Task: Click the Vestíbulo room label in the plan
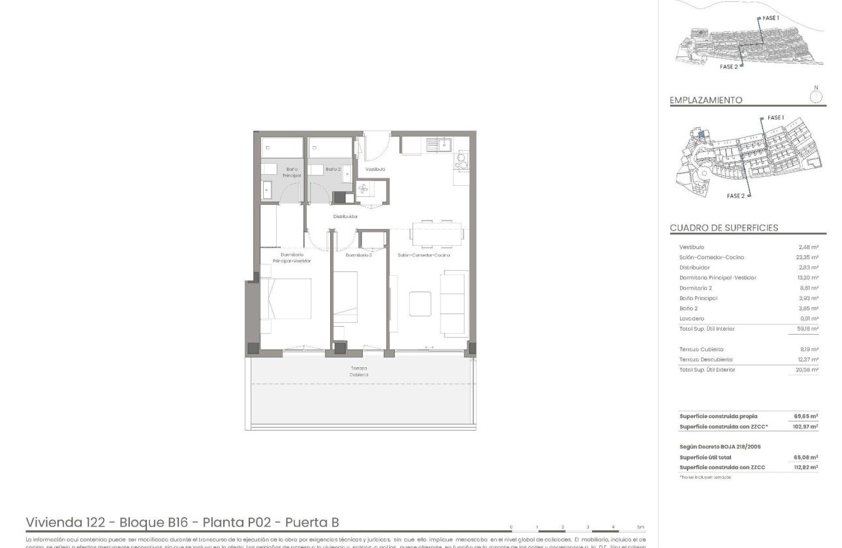tap(375, 169)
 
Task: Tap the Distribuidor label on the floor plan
tap(345, 217)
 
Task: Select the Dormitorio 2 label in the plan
tap(358, 255)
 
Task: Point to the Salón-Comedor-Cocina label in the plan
tap(424, 255)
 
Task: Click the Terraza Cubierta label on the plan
tap(358, 372)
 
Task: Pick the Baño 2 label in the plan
tap(333, 169)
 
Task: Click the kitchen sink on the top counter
tap(438, 144)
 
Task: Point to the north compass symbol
tap(815, 97)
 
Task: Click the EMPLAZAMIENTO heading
tap(706, 100)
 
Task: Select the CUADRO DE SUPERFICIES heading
tap(724, 228)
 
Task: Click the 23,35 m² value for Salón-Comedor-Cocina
tap(808, 258)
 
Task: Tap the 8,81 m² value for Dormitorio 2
tap(809, 288)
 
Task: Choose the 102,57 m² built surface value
tap(806, 427)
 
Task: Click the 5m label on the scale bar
tap(640, 526)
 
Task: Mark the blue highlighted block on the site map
tap(701, 134)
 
